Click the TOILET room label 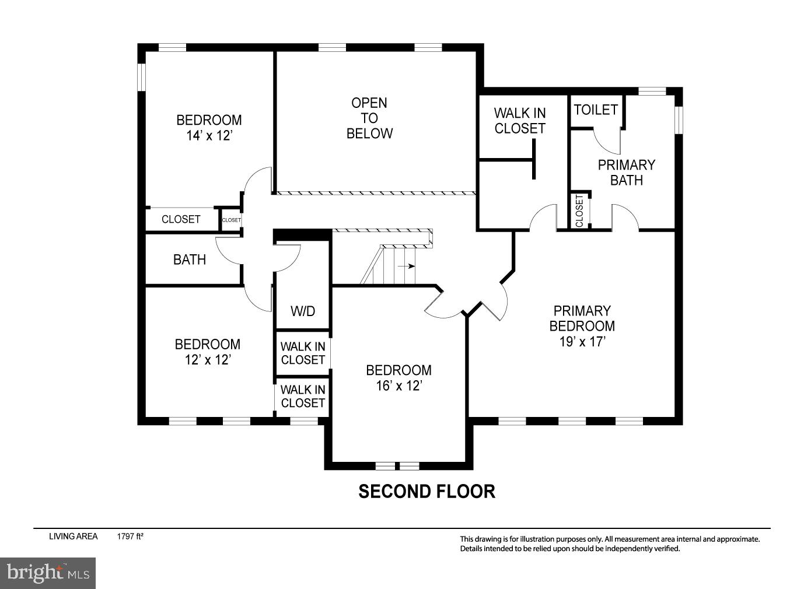(x=595, y=110)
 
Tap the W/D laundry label (x=303, y=311)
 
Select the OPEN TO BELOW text (x=369, y=118)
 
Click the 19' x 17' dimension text (x=582, y=342)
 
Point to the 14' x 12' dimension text (x=209, y=136)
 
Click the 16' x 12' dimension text (x=398, y=385)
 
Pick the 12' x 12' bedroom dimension (x=208, y=360)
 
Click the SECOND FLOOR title (x=427, y=492)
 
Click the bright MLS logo (x=48, y=573)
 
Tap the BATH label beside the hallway (x=190, y=260)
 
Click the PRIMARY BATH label (x=626, y=173)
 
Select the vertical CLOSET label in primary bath (x=579, y=211)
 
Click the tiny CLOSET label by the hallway (x=231, y=220)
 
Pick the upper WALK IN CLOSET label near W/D (x=303, y=353)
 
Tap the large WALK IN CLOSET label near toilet (x=520, y=121)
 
